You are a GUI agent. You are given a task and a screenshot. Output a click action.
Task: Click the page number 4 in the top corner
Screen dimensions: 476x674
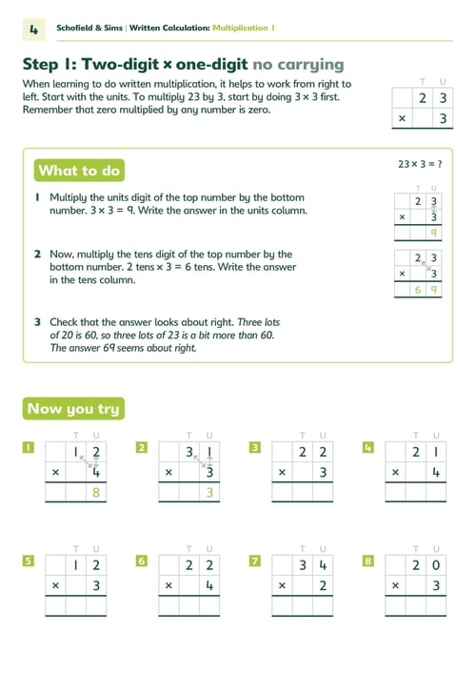(34, 30)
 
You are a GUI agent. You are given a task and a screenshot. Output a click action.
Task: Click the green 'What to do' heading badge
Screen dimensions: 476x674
(79, 171)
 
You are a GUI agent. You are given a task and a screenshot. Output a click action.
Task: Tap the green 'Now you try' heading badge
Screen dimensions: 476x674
(73, 408)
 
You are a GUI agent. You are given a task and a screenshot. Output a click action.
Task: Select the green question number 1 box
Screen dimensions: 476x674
(29, 447)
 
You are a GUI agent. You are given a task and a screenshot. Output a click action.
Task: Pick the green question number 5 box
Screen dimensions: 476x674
(29, 561)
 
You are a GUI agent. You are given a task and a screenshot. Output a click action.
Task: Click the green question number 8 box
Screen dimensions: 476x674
(368, 561)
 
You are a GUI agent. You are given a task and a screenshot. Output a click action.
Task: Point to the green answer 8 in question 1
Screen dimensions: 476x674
(96, 492)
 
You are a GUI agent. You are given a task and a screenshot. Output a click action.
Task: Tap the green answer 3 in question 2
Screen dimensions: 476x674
(209, 492)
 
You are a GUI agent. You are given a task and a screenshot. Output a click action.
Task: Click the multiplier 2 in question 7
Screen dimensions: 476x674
(323, 585)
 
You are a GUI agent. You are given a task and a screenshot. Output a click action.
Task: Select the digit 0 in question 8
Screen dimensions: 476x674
(436, 564)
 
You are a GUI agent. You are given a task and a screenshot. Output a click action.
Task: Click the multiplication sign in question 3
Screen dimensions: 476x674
(282, 473)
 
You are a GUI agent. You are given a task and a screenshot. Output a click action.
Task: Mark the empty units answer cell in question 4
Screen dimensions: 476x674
(436, 492)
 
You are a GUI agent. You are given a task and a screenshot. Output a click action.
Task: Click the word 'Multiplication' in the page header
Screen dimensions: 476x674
(240, 28)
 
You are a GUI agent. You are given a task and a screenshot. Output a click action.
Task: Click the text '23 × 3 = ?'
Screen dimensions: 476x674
(420, 164)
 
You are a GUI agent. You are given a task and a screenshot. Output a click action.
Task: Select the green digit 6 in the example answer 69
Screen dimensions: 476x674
(418, 290)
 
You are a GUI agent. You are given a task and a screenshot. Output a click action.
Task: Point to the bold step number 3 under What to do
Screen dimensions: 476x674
(38, 322)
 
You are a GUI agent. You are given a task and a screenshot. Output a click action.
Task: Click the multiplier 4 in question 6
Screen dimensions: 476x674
(209, 585)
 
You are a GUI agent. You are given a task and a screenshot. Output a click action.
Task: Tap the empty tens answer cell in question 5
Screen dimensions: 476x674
(76, 605)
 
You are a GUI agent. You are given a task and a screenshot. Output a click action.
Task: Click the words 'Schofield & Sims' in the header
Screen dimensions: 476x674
(89, 28)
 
